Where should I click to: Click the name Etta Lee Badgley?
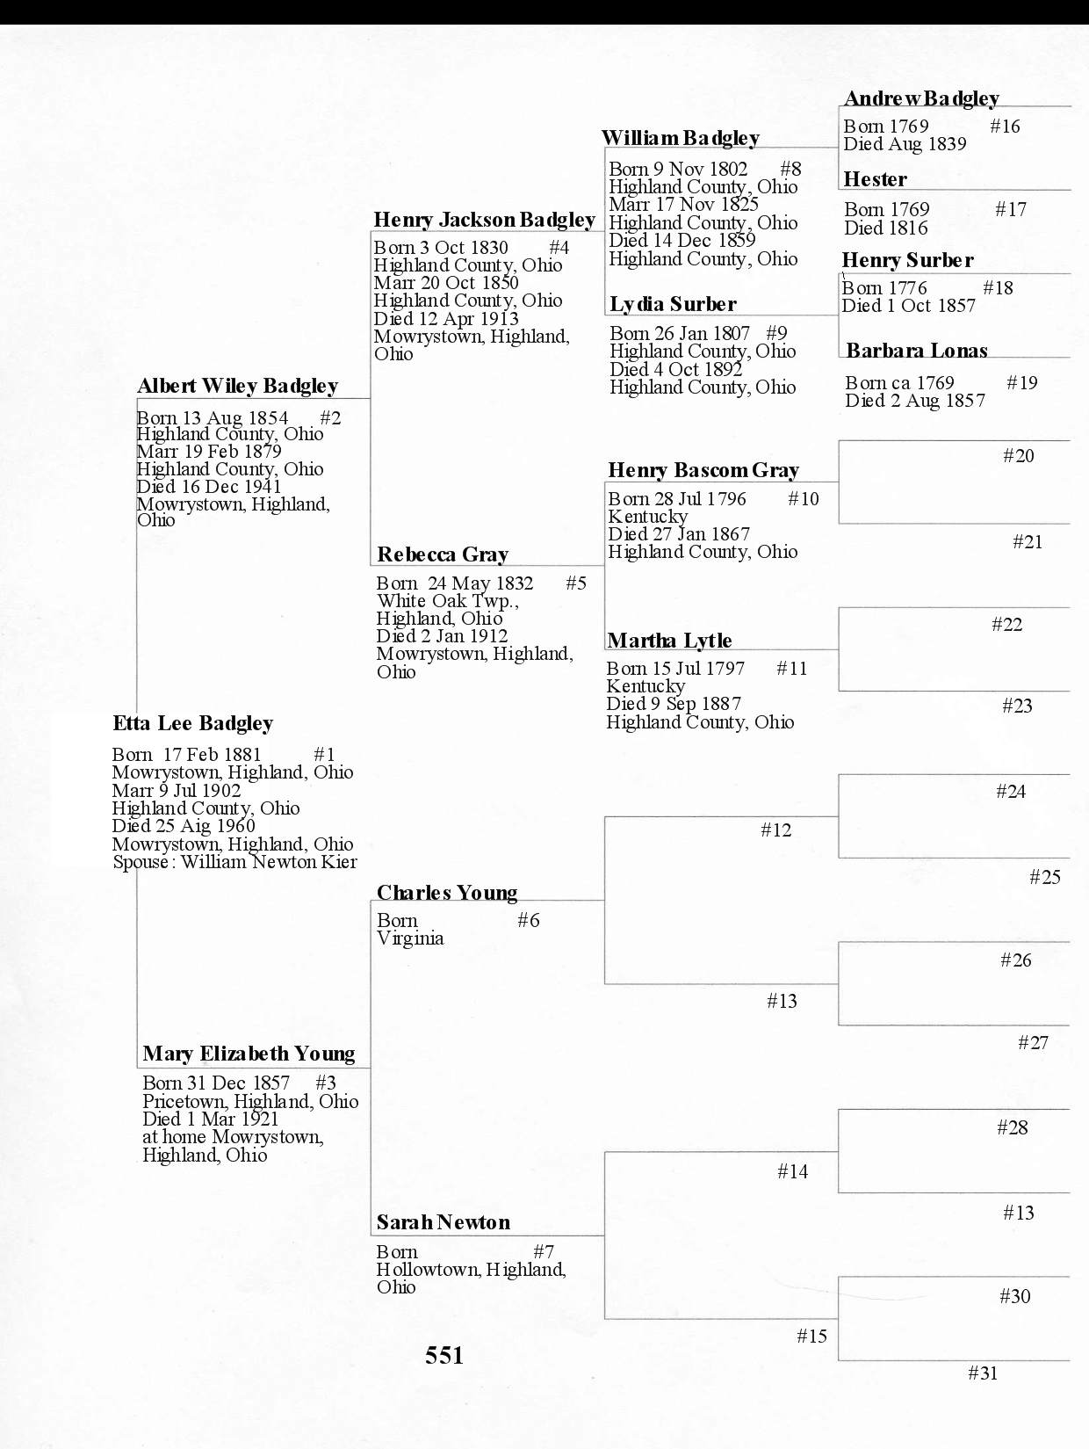coord(192,723)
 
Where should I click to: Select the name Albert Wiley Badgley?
coord(237,386)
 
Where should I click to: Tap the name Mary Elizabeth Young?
coord(249,1054)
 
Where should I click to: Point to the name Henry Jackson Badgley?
coord(484,220)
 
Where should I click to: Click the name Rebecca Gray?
coord(443,554)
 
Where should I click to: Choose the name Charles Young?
coord(447,893)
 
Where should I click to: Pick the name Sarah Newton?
coord(443,1222)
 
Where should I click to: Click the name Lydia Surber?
coord(673,304)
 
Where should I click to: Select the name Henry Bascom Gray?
coord(703,470)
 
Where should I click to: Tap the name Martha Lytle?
coord(669,641)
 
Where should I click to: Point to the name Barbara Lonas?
coord(916,351)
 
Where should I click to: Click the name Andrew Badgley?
coord(921,98)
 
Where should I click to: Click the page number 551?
coord(444,1355)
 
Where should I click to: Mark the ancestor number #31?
coord(983,1373)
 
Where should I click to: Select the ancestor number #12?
coord(775,830)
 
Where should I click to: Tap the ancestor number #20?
coord(1018,455)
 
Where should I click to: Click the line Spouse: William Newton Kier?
coord(234,862)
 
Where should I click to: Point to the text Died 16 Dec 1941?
coord(209,487)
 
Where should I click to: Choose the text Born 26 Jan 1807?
coord(680,334)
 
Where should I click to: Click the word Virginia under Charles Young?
coord(410,938)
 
